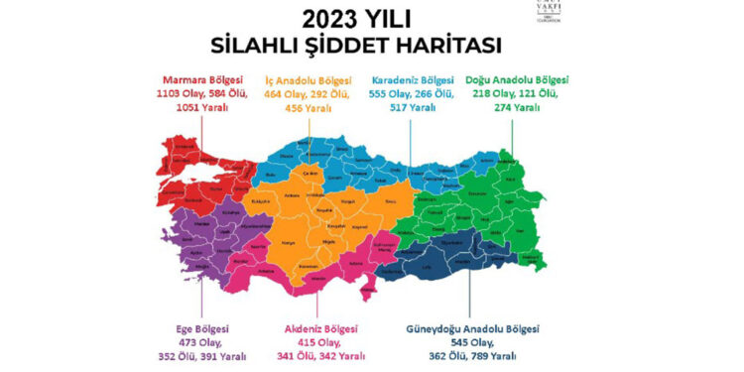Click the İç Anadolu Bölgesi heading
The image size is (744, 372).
point(310,79)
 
